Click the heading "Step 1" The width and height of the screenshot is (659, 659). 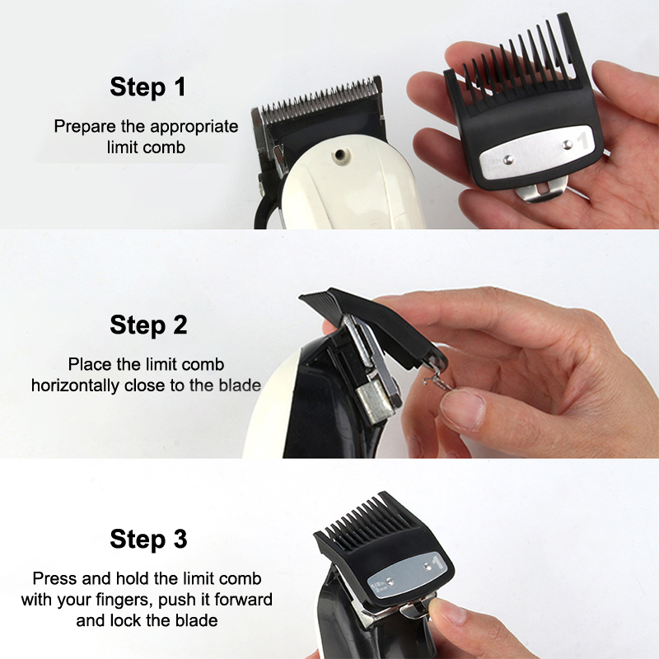pyautogui.click(x=147, y=87)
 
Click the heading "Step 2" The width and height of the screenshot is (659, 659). pyautogui.click(x=148, y=325)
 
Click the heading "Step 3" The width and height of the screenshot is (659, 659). pyautogui.click(x=148, y=539)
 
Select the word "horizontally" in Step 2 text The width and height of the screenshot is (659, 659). pyautogui.click(x=75, y=386)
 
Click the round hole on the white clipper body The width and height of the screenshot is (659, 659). pyautogui.click(x=339, y=155)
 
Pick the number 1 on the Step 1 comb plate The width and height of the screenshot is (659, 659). pyautogui.click(x=582, y=141)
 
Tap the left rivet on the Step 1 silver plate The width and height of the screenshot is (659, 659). pyautogui.click(x=508, y=159)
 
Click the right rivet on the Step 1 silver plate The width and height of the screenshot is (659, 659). pyautogui.click(x=568, y=145)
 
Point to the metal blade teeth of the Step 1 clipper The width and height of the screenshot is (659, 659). pyautogui.click(x=320, y=100)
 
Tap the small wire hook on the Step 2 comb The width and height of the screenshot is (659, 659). pyautogui.click(x=438, y=379)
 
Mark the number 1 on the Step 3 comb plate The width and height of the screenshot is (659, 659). pyautogui.click(x=437, y=563)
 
